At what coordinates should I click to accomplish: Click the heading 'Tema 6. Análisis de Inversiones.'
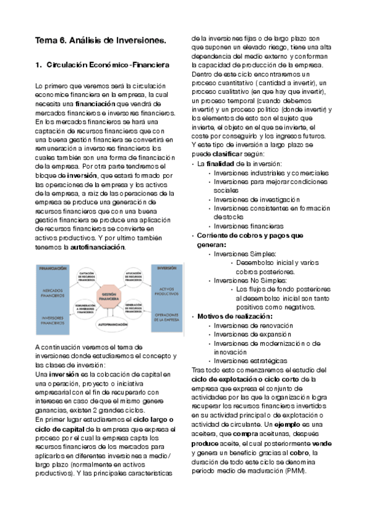[x=101, y=40]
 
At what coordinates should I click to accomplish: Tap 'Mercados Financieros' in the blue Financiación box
[x=53, y=292]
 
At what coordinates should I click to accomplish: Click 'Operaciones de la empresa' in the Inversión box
[x=166, y=316]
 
